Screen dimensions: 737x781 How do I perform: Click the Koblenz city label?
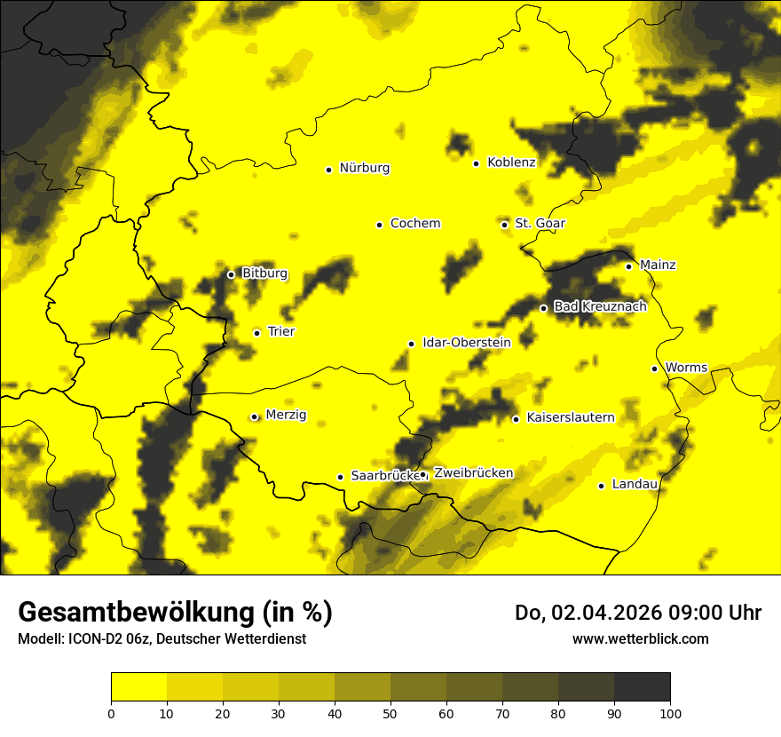coord(511,162)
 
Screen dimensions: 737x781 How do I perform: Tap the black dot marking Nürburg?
coord(328,170)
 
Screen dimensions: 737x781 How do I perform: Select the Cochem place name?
coord(414,224)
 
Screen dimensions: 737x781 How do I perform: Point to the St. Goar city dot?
coord(504,225)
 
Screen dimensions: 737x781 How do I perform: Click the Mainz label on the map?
coord(658,265)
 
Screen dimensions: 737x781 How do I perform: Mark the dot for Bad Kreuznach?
coord(543,308)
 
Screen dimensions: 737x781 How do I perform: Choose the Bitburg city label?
coord(264,273)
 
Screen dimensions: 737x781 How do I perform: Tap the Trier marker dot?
coord(256,333)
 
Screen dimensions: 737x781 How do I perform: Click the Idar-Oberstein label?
coord(466,343)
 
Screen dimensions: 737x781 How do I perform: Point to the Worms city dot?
coord(654,368)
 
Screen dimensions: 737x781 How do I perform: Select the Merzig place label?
coord(286,416)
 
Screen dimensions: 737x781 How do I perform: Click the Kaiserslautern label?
coord(570,417)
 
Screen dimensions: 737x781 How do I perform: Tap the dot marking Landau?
coord(601,486)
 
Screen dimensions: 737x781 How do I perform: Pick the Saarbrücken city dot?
coord(340,477)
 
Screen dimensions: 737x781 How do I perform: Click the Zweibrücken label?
coord(473,473)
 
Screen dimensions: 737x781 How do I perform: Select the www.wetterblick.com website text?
coord(640,638)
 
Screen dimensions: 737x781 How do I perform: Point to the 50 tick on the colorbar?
coord(390,712)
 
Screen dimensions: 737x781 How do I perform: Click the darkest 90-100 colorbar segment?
coord(642,686)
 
